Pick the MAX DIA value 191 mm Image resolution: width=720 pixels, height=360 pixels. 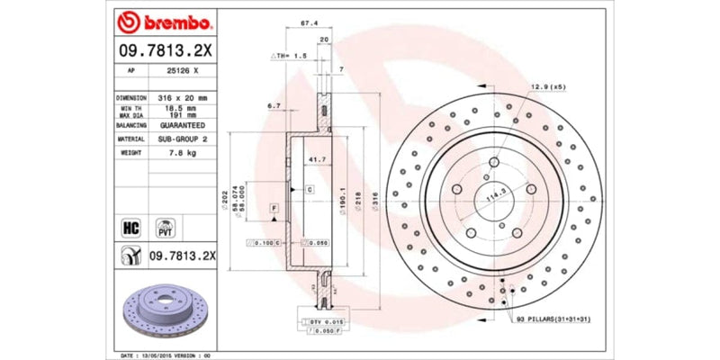point(184,114)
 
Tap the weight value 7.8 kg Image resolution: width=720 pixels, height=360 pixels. point(184,154)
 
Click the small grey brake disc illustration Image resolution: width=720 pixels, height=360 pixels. point(165,310)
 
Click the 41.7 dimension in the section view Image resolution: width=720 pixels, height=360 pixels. point(316,158)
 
